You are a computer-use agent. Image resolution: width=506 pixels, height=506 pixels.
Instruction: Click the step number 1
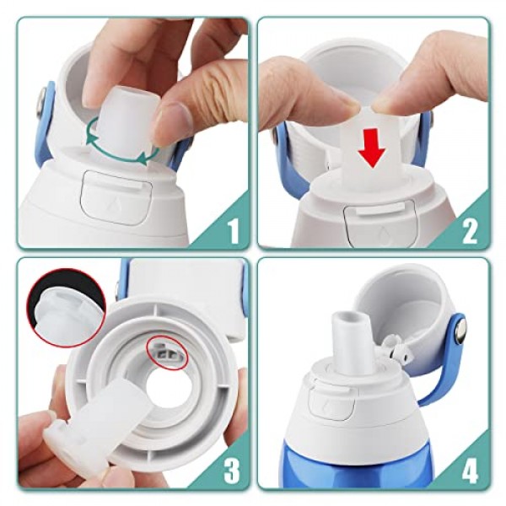tap(234, 229)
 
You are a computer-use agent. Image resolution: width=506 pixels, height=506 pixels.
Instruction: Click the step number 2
tap(470, 229)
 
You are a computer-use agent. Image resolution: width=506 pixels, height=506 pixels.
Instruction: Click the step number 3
tap(232, 471)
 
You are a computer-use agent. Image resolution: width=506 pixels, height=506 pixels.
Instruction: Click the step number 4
tap(470, 471)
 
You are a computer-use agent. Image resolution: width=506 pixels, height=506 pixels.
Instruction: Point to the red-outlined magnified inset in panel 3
tap(67, 308)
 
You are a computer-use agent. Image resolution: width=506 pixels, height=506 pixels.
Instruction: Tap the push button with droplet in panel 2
tap(379, 223)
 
